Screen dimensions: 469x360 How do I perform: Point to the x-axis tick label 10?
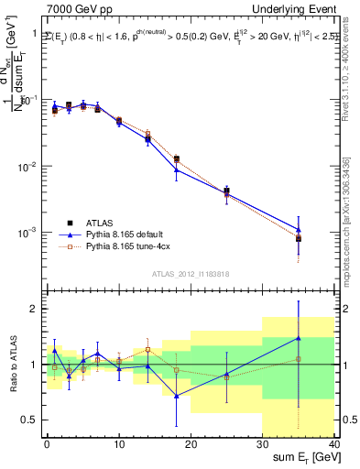118,443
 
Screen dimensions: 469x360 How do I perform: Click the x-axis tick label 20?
191,443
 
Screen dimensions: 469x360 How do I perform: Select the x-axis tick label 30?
262,443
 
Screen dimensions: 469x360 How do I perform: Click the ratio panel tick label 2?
34,309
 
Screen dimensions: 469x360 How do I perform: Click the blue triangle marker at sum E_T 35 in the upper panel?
299,229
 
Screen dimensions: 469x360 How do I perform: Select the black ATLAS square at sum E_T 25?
226,191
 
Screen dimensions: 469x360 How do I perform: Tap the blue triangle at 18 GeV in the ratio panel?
176,395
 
